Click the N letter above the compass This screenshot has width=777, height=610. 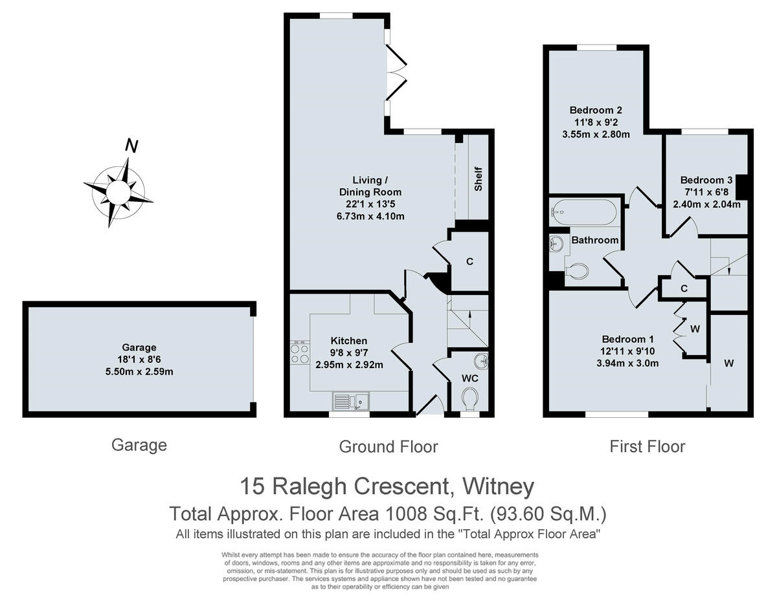click(x=131, y=146)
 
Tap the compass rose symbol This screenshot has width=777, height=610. click(x=118, y=192)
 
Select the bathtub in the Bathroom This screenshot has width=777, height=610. click(x=584, y=212)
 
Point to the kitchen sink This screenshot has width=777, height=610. click(x=350, y=401)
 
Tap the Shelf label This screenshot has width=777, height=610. click(x=479, y=179)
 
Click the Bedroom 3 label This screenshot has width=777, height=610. click(x=706, y=180)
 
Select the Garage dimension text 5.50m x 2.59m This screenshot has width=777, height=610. click(x=139, y=371)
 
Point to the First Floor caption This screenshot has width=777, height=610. click(x=647, y=446)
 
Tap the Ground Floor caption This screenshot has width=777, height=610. click(x=388, y=446)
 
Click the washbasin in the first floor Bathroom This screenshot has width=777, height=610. click(x=556, y=244)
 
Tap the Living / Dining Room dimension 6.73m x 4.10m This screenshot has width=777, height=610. click(x=370, y=215)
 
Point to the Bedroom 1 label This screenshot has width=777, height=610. click(x=627, y=339)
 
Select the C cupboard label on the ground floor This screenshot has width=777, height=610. click(x=469, y=262)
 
